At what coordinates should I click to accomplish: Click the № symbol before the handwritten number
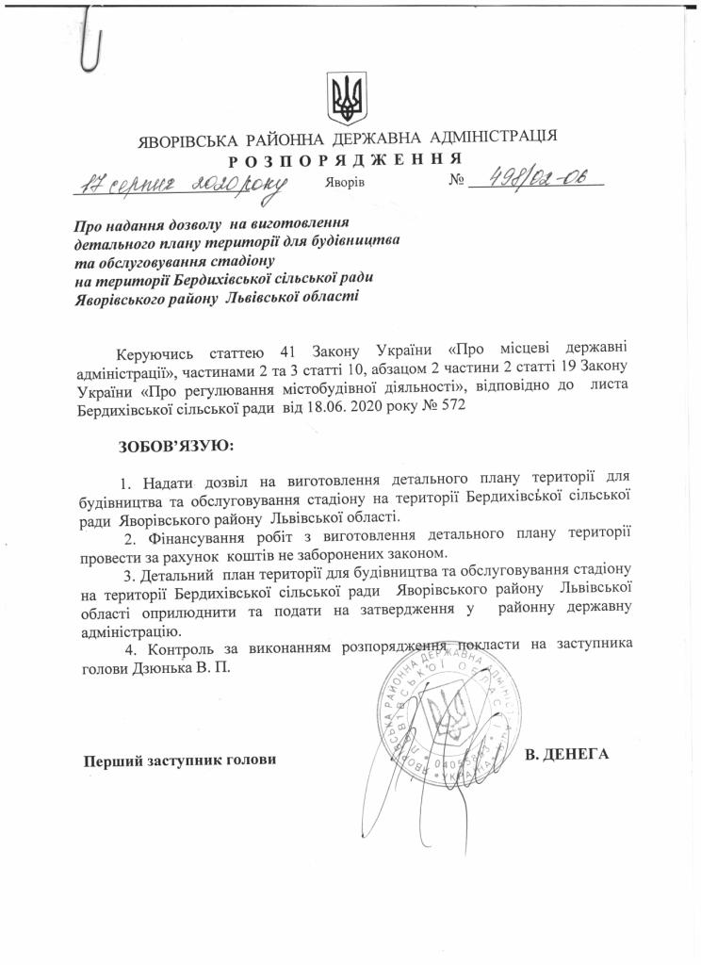point(459,180)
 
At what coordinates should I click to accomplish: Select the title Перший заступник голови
point(180,760)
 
